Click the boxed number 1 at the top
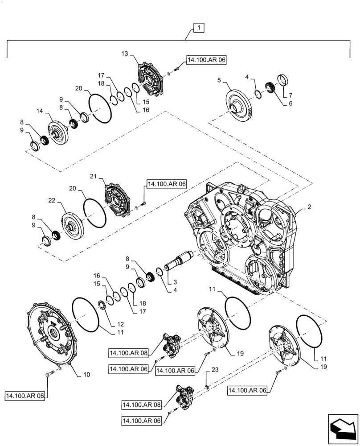[x=199, y=28]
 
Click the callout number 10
[x=86, y=374]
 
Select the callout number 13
[x=124, y=53]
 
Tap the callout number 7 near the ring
[x=291, y=95]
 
